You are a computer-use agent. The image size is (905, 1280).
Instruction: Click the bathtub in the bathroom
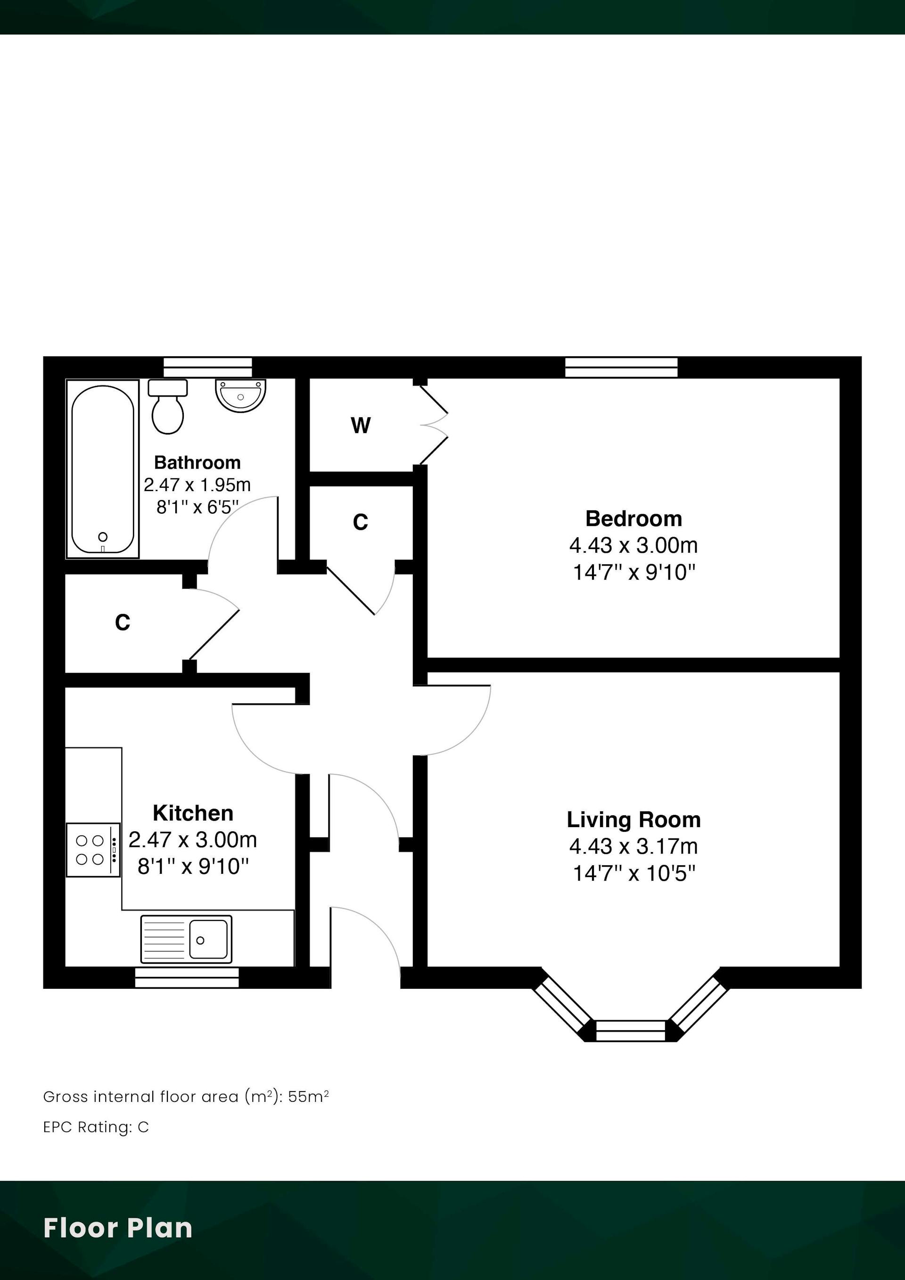coord(103,469)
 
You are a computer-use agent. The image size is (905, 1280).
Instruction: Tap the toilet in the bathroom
coord(168,406)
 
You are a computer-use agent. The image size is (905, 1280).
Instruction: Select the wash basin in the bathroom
coord(240,396)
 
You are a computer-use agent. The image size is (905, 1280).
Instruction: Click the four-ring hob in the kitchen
coord(93,850)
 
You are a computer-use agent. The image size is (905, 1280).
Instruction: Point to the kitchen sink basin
coord(208,940)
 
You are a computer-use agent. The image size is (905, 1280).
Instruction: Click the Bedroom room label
coord(633,518)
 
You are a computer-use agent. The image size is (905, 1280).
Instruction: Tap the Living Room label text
coord(633,820)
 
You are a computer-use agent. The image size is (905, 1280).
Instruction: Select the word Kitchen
coord(193,813)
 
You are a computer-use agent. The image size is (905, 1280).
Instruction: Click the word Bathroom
coord(197,462)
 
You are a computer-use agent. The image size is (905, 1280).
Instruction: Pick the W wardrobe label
coord(360,426)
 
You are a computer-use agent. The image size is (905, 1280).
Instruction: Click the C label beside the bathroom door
coord(360,522)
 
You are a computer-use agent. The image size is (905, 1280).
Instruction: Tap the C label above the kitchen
coord(123,622)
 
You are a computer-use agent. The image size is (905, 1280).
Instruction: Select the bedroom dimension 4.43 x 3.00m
coord(633,545)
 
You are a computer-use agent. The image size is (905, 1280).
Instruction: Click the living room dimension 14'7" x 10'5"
coord(634,873)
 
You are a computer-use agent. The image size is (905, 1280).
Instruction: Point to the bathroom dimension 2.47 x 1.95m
coord(197,485)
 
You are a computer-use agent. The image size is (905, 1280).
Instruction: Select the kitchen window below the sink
coord(187,977)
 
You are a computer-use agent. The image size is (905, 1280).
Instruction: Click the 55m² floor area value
coord(308,1097)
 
